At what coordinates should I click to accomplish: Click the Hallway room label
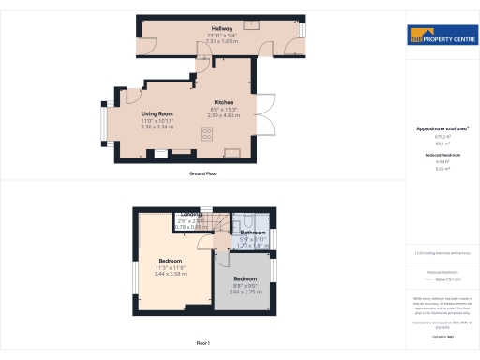(221, 30)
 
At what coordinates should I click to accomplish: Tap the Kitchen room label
(223, 102)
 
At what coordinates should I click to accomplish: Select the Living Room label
(158, 113)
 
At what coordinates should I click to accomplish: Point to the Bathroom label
(253, 232)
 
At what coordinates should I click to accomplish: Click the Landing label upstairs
(191, 214)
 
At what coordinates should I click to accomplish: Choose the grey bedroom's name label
(245, 279)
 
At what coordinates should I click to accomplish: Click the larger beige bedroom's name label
(170, 260)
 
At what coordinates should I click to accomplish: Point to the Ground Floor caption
(203, 174)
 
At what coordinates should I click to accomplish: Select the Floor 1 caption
(203, 344)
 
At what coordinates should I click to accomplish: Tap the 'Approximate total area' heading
(442, 129)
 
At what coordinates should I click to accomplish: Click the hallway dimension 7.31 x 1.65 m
(221, 41)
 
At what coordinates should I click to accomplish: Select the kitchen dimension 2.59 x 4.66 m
(223, 115)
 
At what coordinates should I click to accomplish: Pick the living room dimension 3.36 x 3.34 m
(158, 126)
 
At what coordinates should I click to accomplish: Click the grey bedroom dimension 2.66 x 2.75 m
(245, 292)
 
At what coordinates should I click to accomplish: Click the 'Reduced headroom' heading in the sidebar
(442, 156)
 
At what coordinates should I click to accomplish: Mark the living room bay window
(106, 120)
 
